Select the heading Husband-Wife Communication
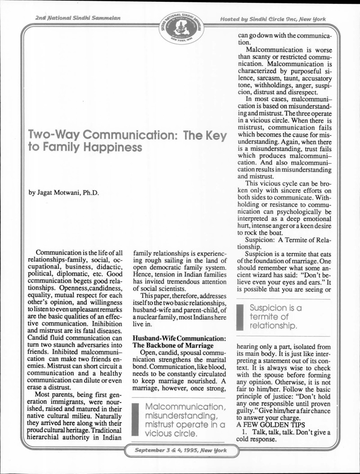click(179, 338)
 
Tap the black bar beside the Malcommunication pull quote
click(135, 420)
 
